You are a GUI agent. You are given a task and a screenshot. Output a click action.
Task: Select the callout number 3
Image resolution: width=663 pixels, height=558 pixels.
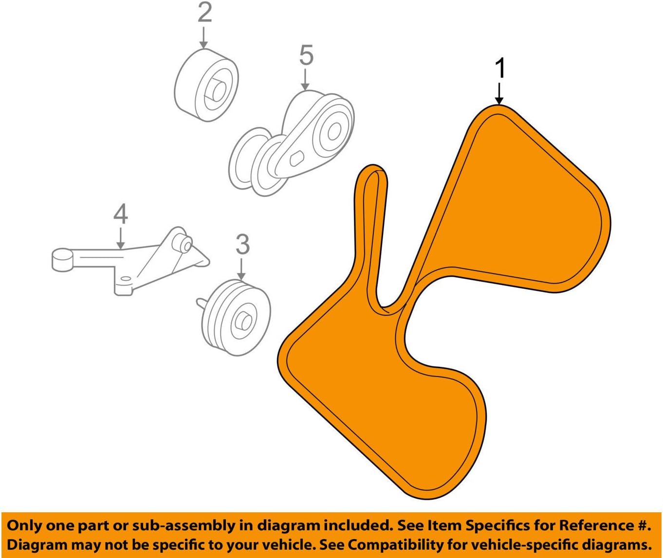(x=242, y=244)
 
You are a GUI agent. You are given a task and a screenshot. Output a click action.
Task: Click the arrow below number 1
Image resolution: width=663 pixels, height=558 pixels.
(x=499, y=94)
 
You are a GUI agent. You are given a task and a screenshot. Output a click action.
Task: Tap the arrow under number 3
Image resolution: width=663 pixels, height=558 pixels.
(x=241, y=270)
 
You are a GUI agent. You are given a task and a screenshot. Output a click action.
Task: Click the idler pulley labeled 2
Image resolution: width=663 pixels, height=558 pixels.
(x=206, y=85)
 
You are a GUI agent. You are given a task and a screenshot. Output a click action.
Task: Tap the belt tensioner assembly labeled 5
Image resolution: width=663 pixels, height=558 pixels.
(x=292, y=144)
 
